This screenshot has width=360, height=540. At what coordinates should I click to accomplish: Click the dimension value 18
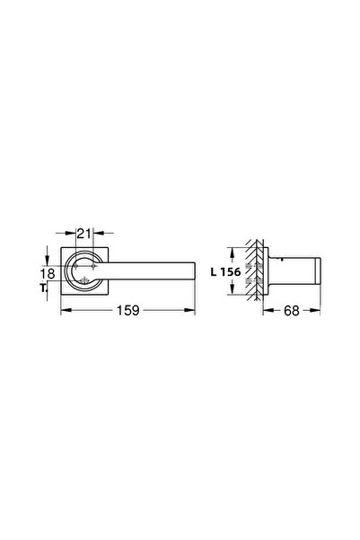48,273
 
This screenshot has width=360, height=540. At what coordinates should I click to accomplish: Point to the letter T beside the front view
45,288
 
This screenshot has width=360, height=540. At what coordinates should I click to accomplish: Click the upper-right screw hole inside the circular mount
93,263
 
